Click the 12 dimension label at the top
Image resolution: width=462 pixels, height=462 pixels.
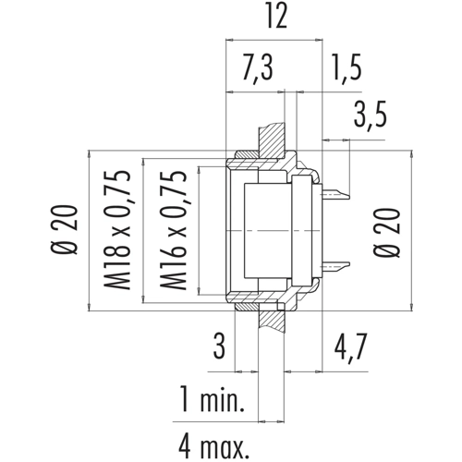click(277, 16)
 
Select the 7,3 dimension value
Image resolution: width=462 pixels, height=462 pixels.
click(257, 68)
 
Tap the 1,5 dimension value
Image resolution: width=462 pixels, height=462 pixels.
click(346, 67)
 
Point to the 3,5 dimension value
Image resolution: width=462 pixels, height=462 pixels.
click(370, 115)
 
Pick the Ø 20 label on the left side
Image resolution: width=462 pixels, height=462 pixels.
click(64, 229)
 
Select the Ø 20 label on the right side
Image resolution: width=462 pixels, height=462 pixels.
click(387, 233)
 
